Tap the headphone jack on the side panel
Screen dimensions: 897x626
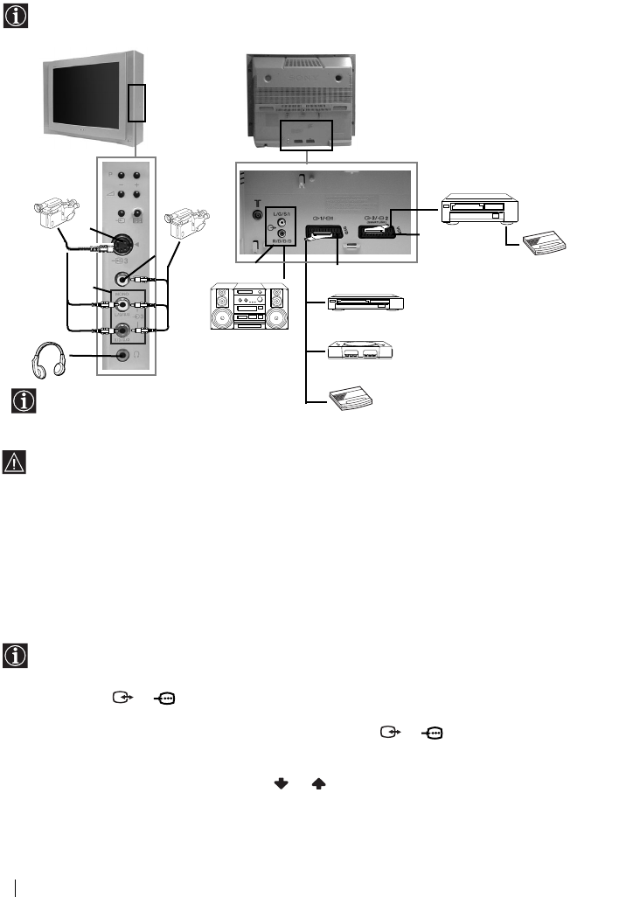[122, 356]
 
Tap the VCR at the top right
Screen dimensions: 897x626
[479, 208]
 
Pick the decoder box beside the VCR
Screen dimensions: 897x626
[541, 245]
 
